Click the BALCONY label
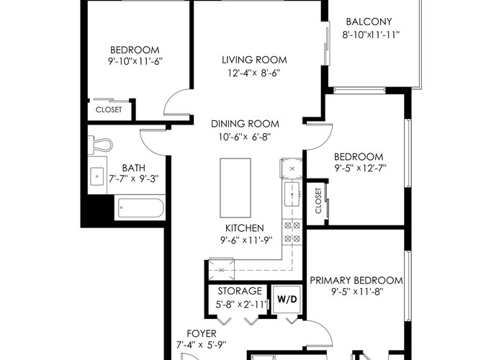tap(369, 22)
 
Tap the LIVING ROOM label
tap(254, 60)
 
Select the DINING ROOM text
tap(245, 124)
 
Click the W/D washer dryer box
tap(287, 300)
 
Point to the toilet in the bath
tap(99, 145)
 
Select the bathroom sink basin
tap(96, 176)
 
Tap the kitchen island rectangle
tap(235, 188)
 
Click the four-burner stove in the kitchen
tap(292, 232)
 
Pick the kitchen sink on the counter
tap(292, 194)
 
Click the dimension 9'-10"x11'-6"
tap(135, 61)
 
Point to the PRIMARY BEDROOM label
tap(356, 280)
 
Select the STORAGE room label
tap(240, 291)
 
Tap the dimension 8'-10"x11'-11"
tap(371, 35)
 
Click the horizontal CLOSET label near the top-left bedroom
tap(109, 109)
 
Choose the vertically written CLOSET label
tap(318, 201)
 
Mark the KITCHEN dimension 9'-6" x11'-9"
tap(246, 240)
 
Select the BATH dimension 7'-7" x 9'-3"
tap(134, 179)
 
